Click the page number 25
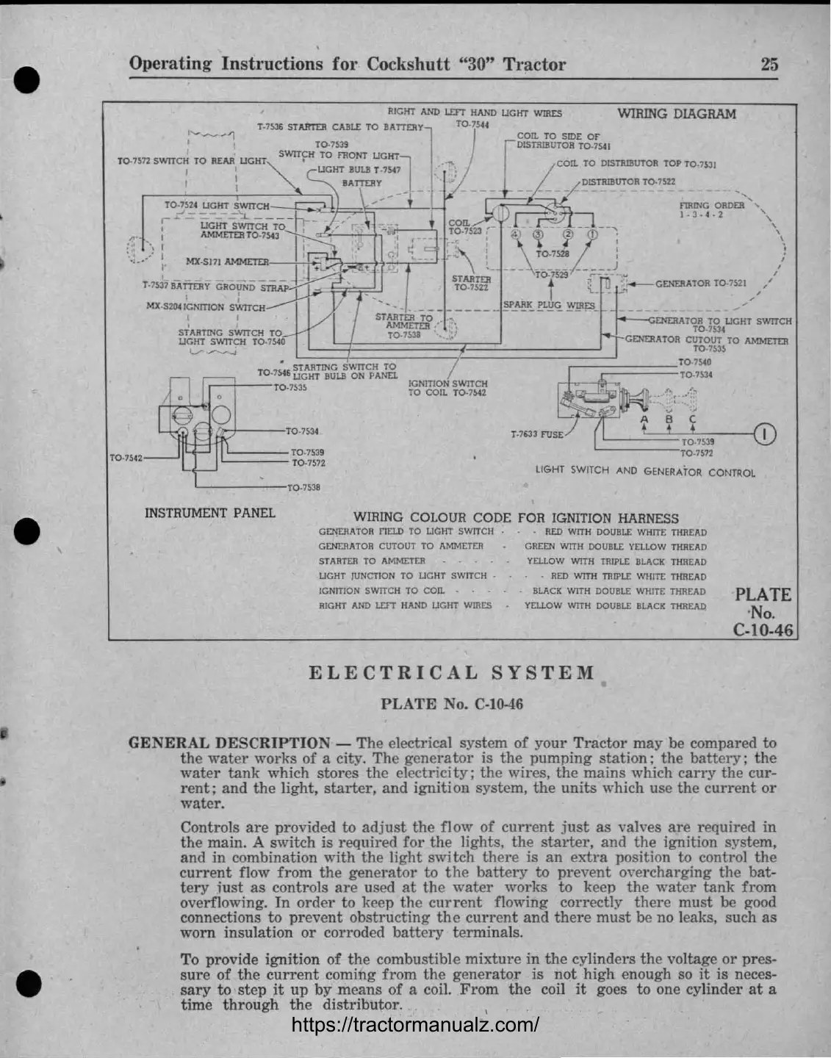[x=769, y=64]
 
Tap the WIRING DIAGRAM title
[x=676, y=114]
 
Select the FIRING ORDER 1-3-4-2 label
[x=711, y=210]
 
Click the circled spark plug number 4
[x=516, y=234]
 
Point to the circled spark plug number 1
[x=591, y=234]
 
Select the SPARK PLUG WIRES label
[x=549, y=305]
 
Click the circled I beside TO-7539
[x=765, y=434]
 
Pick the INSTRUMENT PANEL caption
[x=209, y=513]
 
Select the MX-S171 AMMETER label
[x=227, y=262]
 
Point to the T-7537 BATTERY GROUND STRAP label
[x=216, y=287]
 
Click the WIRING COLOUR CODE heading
[x=516, y=518]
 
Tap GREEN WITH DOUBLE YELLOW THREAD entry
[x=615, y=547]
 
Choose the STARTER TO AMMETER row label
[x=372, y=561]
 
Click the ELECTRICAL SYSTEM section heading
[x=452, y=673]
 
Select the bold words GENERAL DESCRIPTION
[x=229, y=743]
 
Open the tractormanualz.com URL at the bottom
[x=415, y=1024]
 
